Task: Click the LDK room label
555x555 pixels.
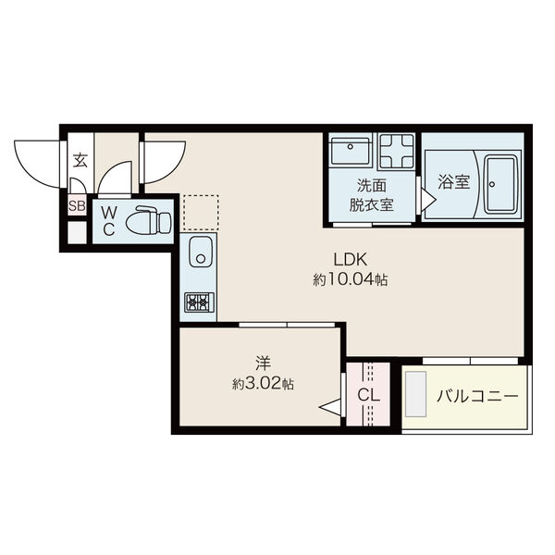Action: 351,259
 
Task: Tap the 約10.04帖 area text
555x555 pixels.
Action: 351,280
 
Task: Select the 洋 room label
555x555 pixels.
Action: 263,363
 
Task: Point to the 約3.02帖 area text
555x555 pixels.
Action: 263,383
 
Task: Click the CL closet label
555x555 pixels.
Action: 368,395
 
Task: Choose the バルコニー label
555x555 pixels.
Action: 477,396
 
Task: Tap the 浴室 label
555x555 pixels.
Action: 454,182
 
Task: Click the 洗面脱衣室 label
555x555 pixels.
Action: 372,195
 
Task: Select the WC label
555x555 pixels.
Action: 108,221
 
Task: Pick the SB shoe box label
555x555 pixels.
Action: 77,205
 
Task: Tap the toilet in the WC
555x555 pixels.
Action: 149,221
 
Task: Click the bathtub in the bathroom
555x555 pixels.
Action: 500,184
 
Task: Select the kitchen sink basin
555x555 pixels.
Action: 201,252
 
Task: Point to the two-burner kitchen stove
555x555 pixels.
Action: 199,302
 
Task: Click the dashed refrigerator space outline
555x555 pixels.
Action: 201,213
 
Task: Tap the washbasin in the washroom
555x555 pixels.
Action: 351,149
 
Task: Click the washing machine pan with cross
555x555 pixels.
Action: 397,152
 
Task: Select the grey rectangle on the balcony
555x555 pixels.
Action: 416,394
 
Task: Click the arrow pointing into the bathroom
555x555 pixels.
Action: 428,201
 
